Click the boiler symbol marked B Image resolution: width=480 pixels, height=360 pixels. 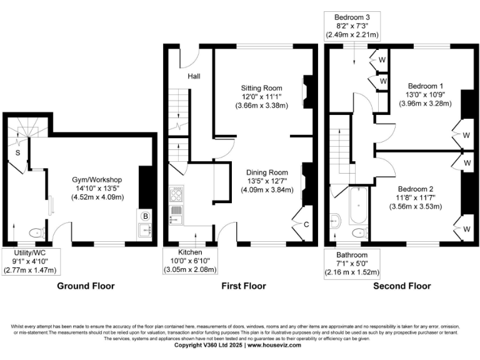pos(145,216)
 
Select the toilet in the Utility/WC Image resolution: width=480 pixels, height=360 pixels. pos(37,232)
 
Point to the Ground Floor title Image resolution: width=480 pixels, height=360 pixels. pos(86,286)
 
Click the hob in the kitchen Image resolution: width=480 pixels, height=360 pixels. pos(176,194)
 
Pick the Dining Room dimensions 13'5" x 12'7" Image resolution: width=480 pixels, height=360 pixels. pos(267,181)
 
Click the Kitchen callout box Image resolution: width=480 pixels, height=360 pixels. pos(190,260)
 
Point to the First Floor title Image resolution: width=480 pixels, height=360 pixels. pos(244,286)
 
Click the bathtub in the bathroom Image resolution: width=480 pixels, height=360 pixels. pos(358,206)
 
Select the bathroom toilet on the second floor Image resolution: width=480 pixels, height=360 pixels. pos(359,232)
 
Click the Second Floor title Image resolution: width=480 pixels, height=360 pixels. pos(402,286)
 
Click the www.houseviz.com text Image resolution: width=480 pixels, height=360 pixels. pos(276,345)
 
